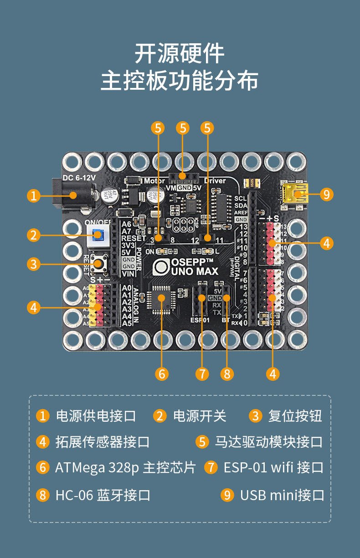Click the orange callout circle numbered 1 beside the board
pos(33,196)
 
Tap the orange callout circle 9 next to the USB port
pos(326,195)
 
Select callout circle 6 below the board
pos(161,374)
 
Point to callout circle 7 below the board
pos(202,374)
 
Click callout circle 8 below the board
pos(226,374)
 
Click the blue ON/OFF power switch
pos(97,235)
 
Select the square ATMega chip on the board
pos(161,298)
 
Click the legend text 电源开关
pos(200,416)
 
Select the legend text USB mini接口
pos(282,495)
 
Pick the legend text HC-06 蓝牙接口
pos(103,495)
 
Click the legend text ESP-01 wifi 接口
pos(273,468)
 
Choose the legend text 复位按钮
pos(295,416)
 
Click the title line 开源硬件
pos(180,54)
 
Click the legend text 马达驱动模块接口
pos(269,442)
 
